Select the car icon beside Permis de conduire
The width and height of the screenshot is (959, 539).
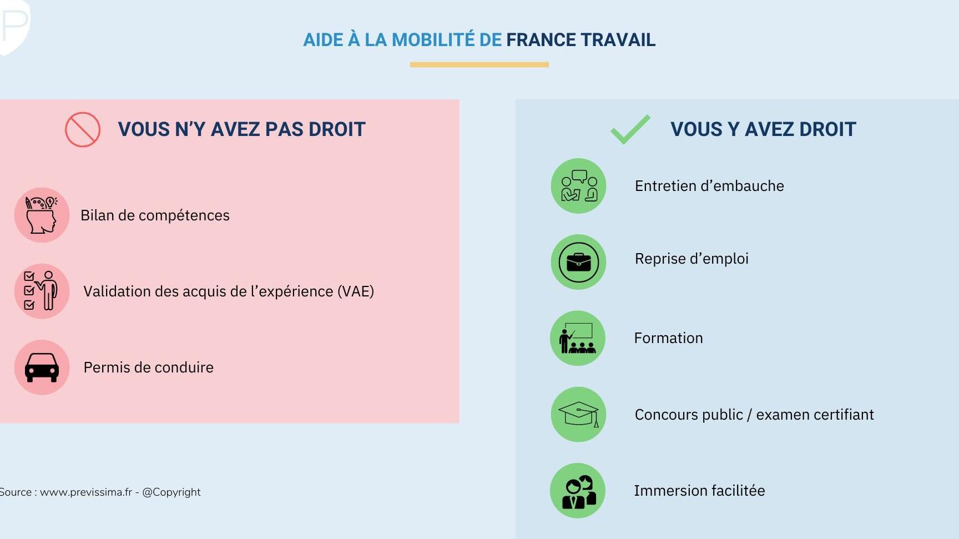click(x=42, y=367)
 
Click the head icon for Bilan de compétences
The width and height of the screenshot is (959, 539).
click(x=42, y=215)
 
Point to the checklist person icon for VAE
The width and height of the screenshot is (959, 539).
click(x=42, y=291)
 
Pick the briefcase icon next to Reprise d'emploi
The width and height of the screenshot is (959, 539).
click(x=578, y=262)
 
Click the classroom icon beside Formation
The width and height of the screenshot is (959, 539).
click(x=578, y=338)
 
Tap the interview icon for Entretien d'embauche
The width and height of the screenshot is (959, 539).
click(x=578, y=186)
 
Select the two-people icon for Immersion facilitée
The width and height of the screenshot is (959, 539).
click(x=578, y=491)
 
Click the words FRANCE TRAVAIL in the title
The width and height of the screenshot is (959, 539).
click(x=581, y=40)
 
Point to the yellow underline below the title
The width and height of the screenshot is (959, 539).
click(x=479, y=64)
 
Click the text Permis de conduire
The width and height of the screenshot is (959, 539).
click(x=149, y=367)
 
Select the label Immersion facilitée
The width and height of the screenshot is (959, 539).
click(x=699, y=491)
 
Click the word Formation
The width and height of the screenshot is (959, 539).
click(x=669, y=338)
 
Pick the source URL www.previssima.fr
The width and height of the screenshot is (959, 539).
click(x=86, y=492)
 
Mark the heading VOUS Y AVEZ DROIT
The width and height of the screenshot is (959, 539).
click(x=763, y=129)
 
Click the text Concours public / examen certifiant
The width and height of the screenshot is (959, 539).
click(x=754, y=415)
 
